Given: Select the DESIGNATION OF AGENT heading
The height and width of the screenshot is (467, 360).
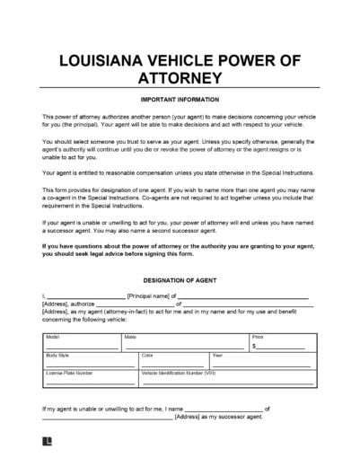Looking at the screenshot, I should pyautogui.click(x=180, y=279).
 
